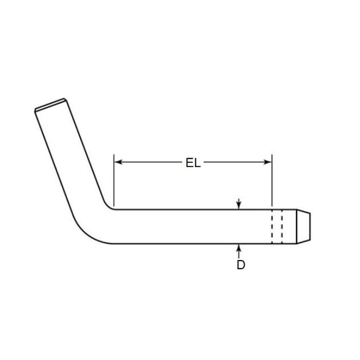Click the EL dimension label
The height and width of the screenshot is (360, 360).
pyautogui.click(x=193, y=163)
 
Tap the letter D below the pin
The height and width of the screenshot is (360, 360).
pyautogui.click(x=240, y=265)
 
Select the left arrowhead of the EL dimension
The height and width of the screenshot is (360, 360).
pyautogui.click(x=119, y=163)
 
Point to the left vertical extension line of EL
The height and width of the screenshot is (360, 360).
pyautogui.click(x=114, y=180)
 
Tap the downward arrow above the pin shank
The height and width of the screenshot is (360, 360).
pyautogui.click(x=239, y=204)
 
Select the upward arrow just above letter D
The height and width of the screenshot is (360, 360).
pyautogui.click(x=239, y=250)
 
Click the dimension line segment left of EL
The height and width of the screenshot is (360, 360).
pyautogui.click(x=148, y=163)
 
